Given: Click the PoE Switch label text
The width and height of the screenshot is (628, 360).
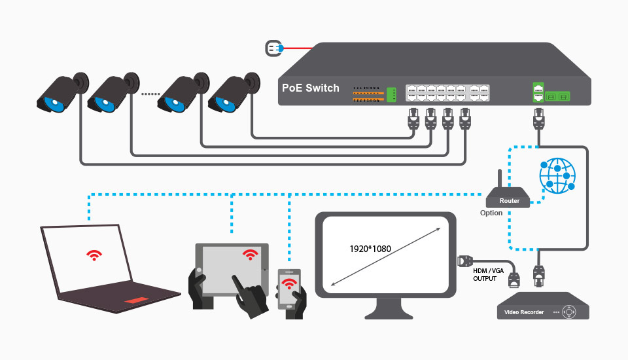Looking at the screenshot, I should click(x=311, y=88).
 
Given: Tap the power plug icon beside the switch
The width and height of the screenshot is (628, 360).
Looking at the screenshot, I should click(x=272, y=48).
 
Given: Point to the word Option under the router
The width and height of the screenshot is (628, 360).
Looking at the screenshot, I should click(x=491, y=213).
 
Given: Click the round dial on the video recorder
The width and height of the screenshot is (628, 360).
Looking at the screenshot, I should click(x=570, y=312).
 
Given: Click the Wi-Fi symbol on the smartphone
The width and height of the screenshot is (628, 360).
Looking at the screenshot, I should click(x=288, y=283).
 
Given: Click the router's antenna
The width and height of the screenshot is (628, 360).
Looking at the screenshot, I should click(x=500, y=179).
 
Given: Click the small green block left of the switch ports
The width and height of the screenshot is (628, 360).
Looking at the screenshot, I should click(x=392, y=94).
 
